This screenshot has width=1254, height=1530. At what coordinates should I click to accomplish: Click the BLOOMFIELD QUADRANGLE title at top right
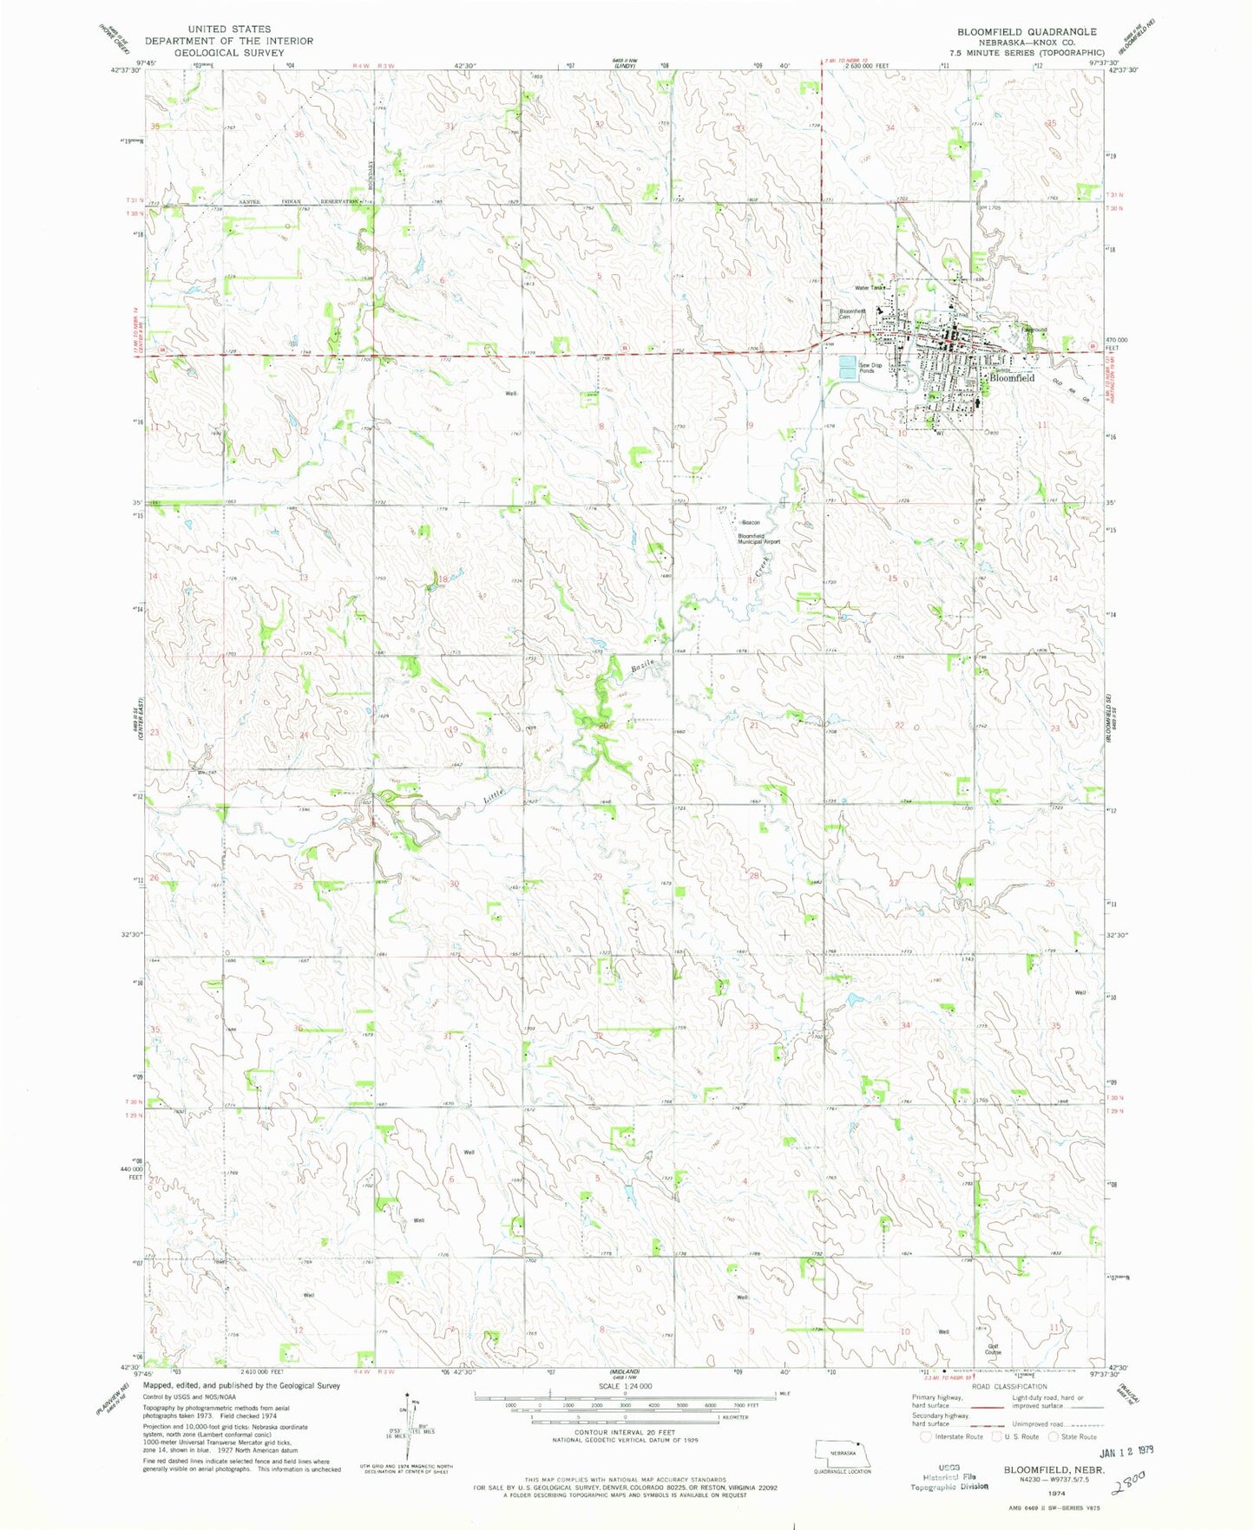pos(1027,31)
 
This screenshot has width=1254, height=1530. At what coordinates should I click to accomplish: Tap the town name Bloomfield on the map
pos(1012,378)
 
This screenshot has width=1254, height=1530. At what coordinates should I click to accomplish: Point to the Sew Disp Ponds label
pos(870,368)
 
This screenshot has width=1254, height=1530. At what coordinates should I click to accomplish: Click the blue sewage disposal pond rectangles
pos(847,369)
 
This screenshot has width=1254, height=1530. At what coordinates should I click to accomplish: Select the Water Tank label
pos(868,288)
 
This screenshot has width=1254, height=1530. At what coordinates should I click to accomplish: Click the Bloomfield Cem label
pos(850,314)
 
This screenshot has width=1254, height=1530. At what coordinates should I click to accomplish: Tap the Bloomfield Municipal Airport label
pos(758,539)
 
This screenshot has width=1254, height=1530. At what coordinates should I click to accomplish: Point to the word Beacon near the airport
pos(750,522)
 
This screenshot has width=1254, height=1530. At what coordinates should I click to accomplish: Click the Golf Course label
pos(993,1350)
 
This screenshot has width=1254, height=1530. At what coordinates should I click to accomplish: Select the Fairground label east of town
pos(1034,330)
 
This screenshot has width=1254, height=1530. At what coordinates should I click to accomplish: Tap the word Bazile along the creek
pos(640,669)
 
